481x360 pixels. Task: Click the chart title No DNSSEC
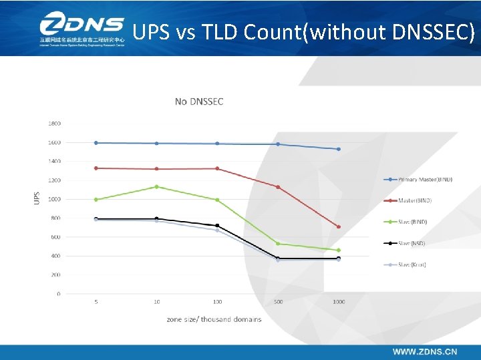tap(199, 102)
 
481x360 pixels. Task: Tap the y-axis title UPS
tap(37, 198)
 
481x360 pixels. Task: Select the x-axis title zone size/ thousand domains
tap(214, 319)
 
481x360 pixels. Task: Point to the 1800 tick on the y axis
tap(54, 124)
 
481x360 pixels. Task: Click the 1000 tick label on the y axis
tap(54, 199)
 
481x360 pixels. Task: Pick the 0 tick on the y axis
tap(58, 294)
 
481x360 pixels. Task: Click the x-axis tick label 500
tap(278, 302)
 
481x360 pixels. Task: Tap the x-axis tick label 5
tap(96, 302)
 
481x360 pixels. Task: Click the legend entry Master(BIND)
tap(415, 200)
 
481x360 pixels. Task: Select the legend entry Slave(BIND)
tap(412, 222)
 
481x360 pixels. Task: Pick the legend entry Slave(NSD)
tap(412, 243)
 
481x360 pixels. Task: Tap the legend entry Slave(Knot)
tap(412, 264)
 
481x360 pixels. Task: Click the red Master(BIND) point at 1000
tap(339, 227)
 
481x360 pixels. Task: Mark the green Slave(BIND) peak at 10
tap(157, 186)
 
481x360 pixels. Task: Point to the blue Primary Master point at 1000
tap(339, 149)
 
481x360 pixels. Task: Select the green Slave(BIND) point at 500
tap(278, 244)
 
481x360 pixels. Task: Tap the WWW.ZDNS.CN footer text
tap(425, 351)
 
